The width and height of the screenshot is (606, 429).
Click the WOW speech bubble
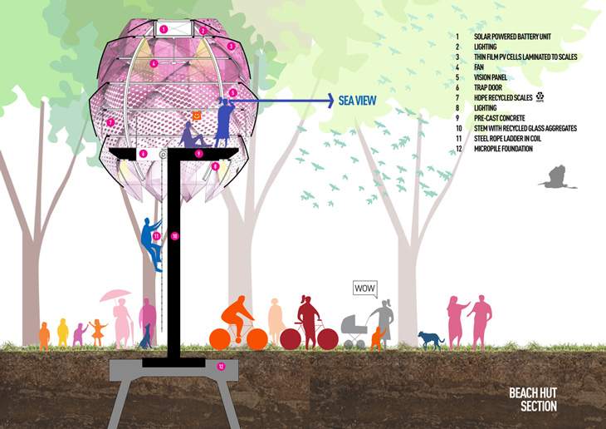(x=365, y=288)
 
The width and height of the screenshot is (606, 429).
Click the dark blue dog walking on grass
(x=430, y=338)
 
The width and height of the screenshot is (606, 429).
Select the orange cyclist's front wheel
(x=256, y=338)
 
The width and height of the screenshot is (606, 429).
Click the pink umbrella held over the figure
(x=115, y=295)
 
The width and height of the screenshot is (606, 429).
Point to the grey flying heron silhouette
(x=555, y=176)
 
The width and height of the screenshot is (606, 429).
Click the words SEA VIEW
(x=358, y=101)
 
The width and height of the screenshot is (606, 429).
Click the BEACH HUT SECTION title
(x=532, y=400)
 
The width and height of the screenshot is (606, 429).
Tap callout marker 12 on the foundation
(x=221, y=365)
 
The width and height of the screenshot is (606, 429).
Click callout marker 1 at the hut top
(x=164, y=29)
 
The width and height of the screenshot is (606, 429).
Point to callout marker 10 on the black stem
(x=174, y=237)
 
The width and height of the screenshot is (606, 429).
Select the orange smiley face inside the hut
(x=197, y=116)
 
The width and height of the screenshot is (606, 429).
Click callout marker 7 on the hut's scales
(x=110, y=123)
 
